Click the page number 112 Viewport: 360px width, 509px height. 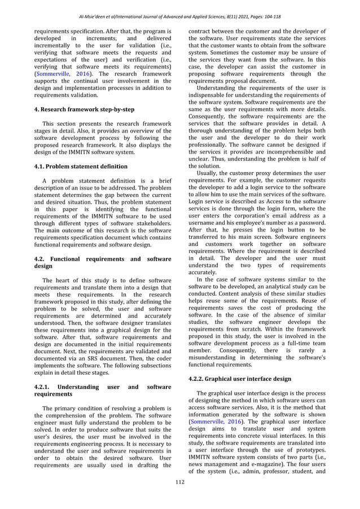point(179,497)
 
